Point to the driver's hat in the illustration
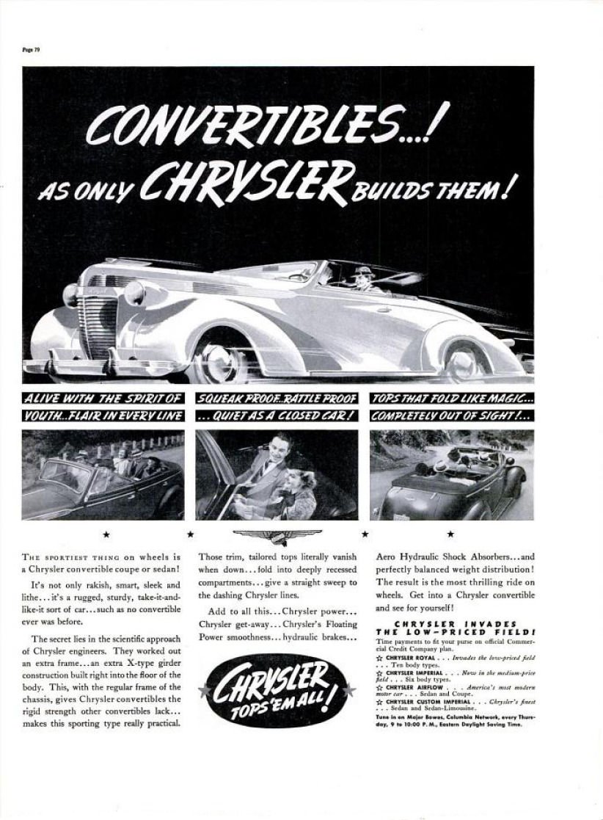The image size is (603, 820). [361, 272]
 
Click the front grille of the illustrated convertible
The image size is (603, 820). [99, 318]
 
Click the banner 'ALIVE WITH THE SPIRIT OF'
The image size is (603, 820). [102, 400]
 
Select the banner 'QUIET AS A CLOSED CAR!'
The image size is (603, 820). [276, 416]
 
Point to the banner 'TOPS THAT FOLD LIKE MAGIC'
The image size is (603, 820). [452, 400]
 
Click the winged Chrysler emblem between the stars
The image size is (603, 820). [277, 535]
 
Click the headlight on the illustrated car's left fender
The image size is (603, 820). [134, 293]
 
